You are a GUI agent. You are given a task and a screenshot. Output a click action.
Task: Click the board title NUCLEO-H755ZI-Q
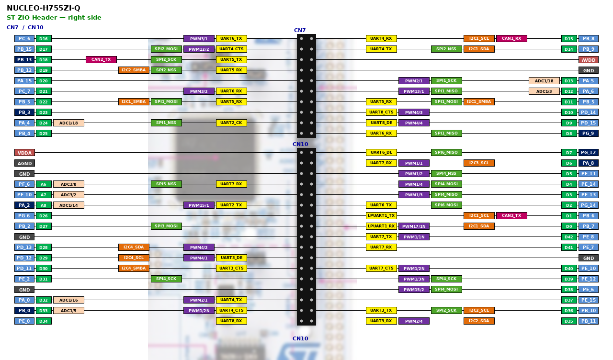[x=44, y=8]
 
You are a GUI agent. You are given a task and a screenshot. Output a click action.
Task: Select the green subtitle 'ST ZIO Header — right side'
[x=54, y=18]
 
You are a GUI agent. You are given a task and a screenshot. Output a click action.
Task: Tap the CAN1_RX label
[x=511, y=39]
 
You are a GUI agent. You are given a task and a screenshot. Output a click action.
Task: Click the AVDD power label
[x=589, y=60]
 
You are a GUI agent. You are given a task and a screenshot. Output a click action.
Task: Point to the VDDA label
[x=24, y=153]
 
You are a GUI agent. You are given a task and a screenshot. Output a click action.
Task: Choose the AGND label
[x=24, y=163]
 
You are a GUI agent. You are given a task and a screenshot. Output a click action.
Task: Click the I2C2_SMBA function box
[x=134, y=70]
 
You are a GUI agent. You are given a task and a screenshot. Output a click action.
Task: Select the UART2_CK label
[x=231, y=123]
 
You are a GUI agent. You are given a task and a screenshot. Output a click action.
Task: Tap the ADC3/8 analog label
[x=68, y=184]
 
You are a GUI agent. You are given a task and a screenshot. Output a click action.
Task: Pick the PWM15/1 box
[x=199, y=205]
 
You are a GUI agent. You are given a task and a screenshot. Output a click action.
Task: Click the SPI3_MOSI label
[x=166, y=226]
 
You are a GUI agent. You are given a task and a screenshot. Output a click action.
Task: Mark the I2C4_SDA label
[x=134, y=247]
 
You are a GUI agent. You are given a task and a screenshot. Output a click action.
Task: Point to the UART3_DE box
[x=231, y=258]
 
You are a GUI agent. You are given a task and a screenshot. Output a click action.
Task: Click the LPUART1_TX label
[x=381, y=215]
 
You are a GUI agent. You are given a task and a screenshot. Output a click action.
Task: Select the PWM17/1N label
[x=414, y=226]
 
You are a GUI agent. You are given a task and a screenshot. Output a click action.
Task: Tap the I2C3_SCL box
[x=479, y=163]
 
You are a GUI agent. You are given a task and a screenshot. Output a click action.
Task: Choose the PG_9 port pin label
[x=589, y=134]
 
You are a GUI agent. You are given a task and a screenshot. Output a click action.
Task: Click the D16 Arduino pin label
[x=44, y=39]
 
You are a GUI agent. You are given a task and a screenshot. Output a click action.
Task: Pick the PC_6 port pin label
[x=24, y=39]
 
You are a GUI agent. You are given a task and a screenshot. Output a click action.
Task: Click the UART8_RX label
[x=231, y=321]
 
